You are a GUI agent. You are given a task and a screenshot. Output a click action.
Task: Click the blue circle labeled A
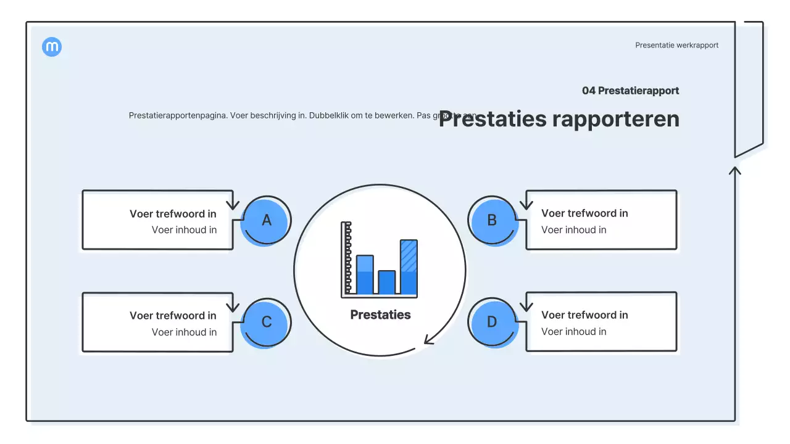coord(266,220)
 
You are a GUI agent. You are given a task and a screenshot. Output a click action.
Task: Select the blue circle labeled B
coord(492,220)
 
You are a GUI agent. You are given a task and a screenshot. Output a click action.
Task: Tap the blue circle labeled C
coord(266,323)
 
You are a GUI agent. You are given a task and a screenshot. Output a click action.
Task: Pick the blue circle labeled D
coord(492,323)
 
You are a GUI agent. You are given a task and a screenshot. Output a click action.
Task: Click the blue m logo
coord(52,47)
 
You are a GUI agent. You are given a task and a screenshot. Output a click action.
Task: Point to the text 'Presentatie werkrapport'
coord(676,45)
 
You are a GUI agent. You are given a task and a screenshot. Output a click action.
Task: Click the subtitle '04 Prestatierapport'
coord(630,91)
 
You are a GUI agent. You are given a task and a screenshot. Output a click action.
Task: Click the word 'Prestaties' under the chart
coord(380,314)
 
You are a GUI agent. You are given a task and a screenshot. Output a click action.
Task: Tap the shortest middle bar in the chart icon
coord(386,282)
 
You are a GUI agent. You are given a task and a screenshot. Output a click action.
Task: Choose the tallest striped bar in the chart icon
coord(409,266)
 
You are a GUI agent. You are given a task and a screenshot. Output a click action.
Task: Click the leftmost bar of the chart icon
coord(365,274)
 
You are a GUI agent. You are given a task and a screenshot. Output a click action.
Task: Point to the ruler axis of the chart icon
coord(346,259)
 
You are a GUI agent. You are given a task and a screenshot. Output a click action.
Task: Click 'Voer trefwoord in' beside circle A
coord(173,214)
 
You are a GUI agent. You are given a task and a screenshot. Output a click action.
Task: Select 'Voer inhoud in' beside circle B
coord(573,230)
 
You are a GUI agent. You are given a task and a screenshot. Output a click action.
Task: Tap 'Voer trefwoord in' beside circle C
coord(173,316)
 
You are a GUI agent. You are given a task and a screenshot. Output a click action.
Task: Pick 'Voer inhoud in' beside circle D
coord(573,332)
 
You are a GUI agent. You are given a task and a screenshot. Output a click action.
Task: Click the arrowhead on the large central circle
coord(428,340)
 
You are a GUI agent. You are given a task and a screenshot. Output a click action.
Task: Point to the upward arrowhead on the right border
coord(734,170)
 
